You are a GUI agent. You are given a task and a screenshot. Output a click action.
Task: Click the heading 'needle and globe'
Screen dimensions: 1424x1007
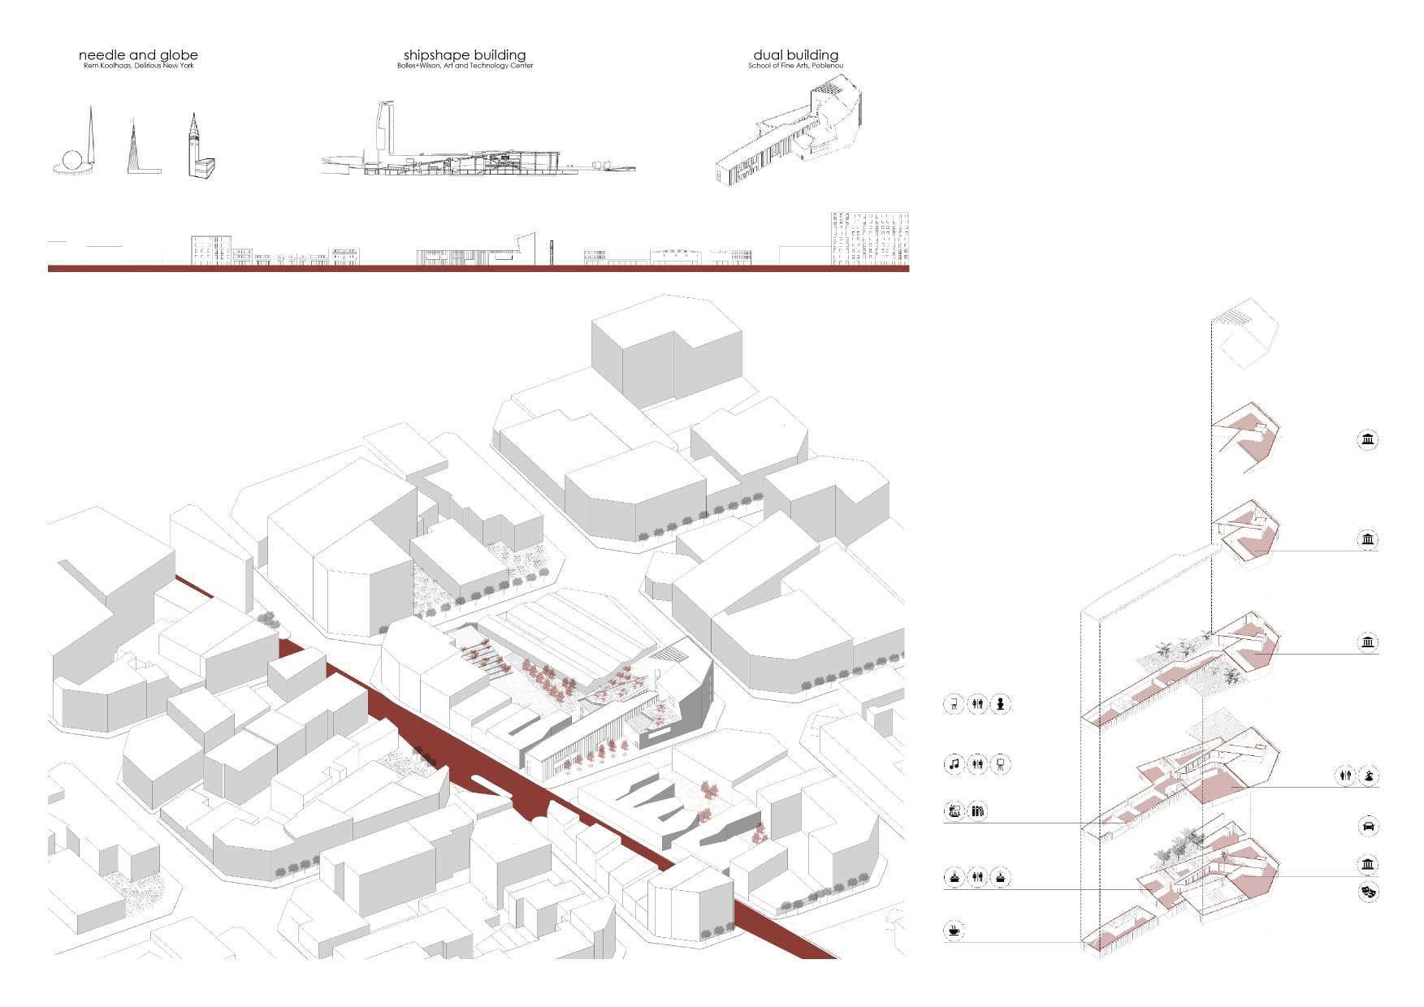[138, 55]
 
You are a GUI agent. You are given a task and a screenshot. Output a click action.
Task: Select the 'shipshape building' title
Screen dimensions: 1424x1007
[465, 55]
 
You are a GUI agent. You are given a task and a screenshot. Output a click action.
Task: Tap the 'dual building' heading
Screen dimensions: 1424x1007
[795, 55]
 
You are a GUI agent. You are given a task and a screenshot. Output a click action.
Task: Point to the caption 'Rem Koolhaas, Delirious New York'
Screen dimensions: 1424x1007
[138, 66]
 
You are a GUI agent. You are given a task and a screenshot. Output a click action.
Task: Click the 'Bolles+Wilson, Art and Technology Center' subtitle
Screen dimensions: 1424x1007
[465, 66]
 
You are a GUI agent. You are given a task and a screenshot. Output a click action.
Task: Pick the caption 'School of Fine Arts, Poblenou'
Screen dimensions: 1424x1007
[795, 66]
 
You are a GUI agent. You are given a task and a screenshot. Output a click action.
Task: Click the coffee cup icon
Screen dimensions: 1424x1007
[952, 930]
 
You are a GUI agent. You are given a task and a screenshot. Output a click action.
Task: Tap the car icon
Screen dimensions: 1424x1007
[1368, 827]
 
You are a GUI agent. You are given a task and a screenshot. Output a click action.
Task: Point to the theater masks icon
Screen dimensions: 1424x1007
[1368, 892]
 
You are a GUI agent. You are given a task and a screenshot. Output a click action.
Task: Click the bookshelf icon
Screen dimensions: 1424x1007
[978, 810]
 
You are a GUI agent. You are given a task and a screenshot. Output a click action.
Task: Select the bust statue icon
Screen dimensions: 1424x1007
[1002, 703]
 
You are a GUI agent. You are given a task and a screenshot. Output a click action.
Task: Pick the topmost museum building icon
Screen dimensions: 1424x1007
[1368, 440]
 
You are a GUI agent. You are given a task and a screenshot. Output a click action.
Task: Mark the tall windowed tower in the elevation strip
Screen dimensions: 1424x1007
[869, 238]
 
